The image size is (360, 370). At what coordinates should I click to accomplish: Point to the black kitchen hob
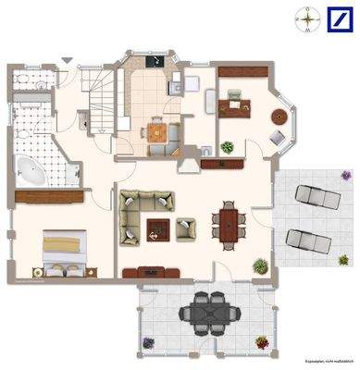pyautogui.click(x=154, y=64)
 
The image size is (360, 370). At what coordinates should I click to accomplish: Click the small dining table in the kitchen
pyautogui.click(x=158, y=132)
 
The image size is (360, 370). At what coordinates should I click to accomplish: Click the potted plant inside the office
pyautogui.click(x=228, y=147)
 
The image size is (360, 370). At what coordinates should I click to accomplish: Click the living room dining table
pyautogui.click(x=228, y=223)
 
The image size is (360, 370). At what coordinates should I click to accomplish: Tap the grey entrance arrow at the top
pyautogui.click(x=65, y=61)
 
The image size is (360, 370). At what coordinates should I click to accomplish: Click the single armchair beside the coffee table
pyautogui.click(x=186, y=227)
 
